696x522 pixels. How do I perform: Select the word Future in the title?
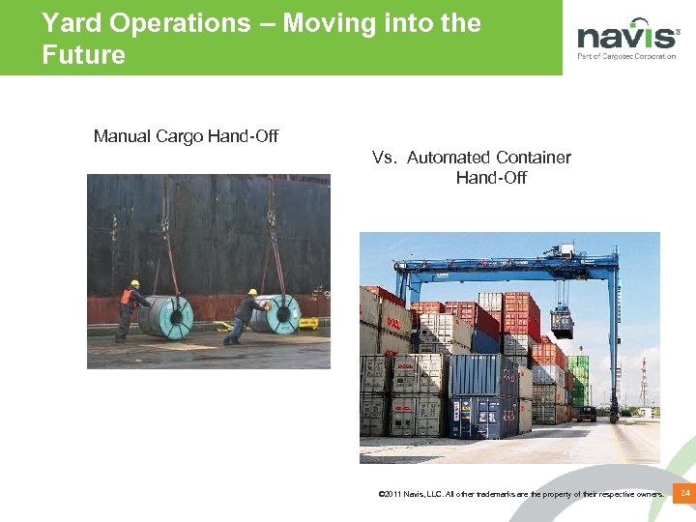pyautogui.click(x=84, y=55)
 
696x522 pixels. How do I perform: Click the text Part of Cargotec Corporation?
pyautogui.click(x=626, y=57)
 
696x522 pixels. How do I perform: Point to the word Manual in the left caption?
pyautogui.click(x=122, y=136)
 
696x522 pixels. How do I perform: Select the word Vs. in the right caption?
pyautogui.click(x=385, y=158)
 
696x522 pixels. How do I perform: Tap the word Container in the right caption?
pyautogui.click(x=534, y=158)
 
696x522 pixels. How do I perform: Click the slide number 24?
pyautogui.click(x=684, y=494)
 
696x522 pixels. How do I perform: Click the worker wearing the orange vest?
pyautogui.click(x=129, y=308)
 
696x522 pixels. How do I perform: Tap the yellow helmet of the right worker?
pyautogui.click(x=252, y=291)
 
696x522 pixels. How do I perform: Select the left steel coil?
pyautogui.click(x=167, y=316)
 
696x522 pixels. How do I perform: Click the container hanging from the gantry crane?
pyautogui.click(x=562, y=321)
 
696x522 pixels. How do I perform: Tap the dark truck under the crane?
pyautogui.click(x=586, y=414)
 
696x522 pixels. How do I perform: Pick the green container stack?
pyautogui.click(x=577, y=382)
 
